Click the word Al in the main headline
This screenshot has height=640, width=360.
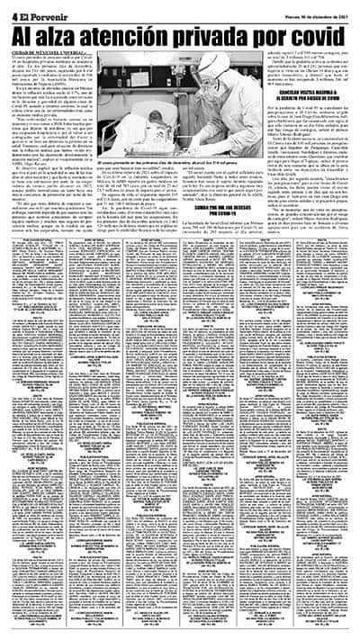pyautogui.click(x=26, y=37)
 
